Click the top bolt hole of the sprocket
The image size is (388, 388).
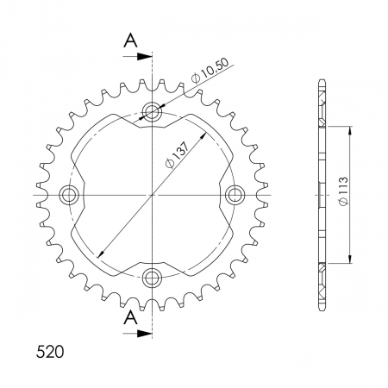point(153,111)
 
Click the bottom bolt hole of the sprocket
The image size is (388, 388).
point(153,278)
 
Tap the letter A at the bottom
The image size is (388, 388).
point(129,318)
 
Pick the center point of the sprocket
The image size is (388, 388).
point(153,195)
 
